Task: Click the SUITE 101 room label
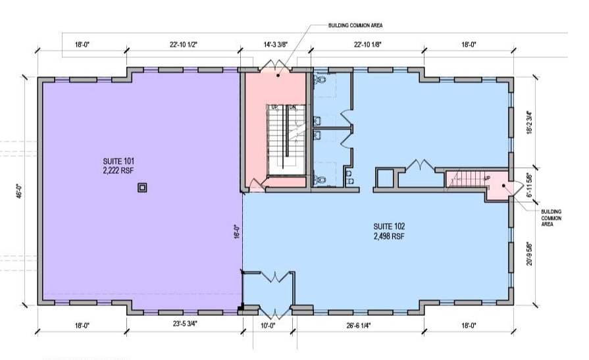[119, 161]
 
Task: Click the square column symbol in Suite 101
[142, 188]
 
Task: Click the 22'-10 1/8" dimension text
[366, 45]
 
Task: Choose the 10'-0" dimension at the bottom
[267, 324]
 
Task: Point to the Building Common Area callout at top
[355, 26]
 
